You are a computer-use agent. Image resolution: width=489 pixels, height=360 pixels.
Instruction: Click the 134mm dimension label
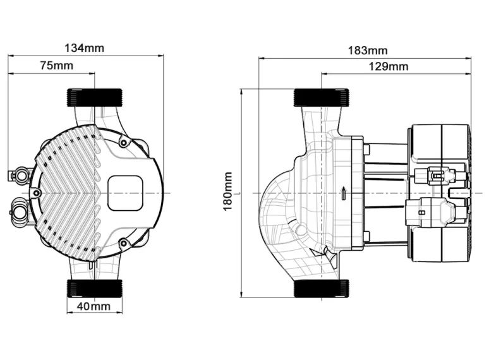[x=85, y=48]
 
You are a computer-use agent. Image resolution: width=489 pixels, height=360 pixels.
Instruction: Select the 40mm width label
[x=94, y=307]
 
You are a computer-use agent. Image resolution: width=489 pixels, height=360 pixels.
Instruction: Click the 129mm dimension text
[x=389, y=66]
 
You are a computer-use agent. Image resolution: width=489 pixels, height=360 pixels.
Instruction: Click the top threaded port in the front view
[x=95, y=98]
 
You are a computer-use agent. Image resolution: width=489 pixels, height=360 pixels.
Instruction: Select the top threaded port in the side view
[x=321, y=98]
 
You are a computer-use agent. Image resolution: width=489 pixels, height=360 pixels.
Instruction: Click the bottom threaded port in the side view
[x=321, y=288]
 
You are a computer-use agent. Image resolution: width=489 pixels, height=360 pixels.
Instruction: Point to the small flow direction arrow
[x=342, y=192]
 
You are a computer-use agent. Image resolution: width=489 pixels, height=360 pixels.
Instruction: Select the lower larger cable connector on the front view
[x=21, y=208]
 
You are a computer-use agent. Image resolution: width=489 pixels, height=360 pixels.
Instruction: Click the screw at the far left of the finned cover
[x=37, y=193]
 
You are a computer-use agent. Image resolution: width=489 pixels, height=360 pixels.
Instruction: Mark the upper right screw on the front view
[x=124, y=143]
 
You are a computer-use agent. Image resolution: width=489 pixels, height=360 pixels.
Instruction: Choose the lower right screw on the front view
[x=124, y=243]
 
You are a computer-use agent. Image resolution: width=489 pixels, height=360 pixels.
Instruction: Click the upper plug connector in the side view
[x=438, y=174]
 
